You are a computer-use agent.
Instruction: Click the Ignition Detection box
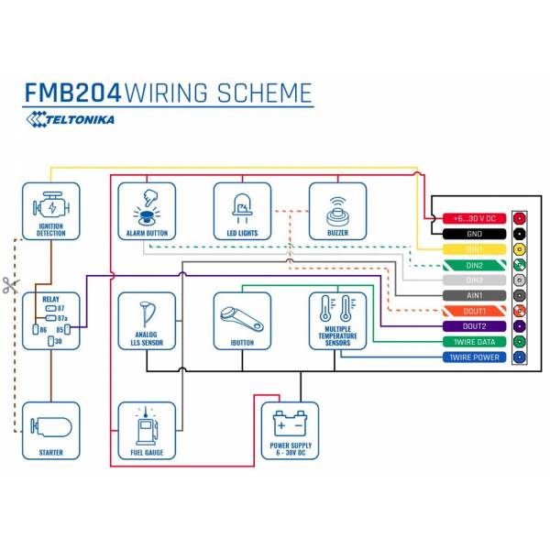[x=50, y=212]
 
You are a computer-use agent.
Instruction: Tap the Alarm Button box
[x=147, y=212]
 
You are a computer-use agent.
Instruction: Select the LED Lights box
[x=242, y=212]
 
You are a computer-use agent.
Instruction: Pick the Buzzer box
[x=337, y=212]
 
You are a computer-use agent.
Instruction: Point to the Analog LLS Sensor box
[x=147, y=321]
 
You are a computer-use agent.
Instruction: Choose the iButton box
[x=242, y=321]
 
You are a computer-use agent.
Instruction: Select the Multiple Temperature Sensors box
[x=337, y=321]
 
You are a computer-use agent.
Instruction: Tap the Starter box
[x=50, y=430]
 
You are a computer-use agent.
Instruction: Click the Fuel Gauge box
[x=147, y=430]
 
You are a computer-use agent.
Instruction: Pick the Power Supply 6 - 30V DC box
[x=290, y=430]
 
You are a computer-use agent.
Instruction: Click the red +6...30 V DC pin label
[x=474, y=218]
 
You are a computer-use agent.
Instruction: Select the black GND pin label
[x=474, y=234]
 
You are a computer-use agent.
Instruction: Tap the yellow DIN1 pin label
[x=474, y=249]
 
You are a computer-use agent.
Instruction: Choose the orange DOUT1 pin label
[x=474, y=311]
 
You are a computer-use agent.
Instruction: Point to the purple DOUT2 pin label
[x=474, y=326]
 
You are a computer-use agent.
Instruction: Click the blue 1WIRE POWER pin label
[x=474, y=357]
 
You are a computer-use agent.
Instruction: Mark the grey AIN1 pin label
[x=474, y=295]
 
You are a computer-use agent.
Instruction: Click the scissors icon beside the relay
[x=9, y=285]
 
